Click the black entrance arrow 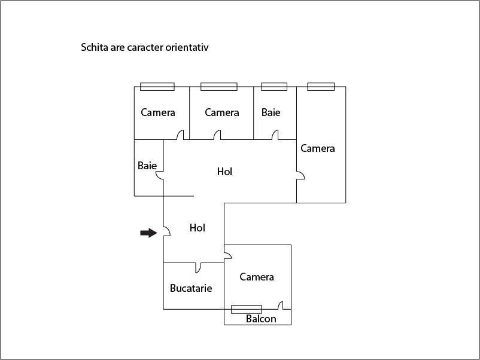149,233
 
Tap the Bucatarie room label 191,288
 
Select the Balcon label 261,319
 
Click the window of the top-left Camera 157,87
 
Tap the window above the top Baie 274,87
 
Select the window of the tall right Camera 321,87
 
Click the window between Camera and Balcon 247,309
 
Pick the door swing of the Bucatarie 198,268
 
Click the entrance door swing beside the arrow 167,231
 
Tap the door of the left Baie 159,175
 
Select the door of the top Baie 275,135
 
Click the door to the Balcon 281,306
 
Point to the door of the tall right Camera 300,175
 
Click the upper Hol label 224,172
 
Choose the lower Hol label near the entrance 197,228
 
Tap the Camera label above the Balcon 257,277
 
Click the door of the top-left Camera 181,135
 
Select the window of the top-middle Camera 219,87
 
